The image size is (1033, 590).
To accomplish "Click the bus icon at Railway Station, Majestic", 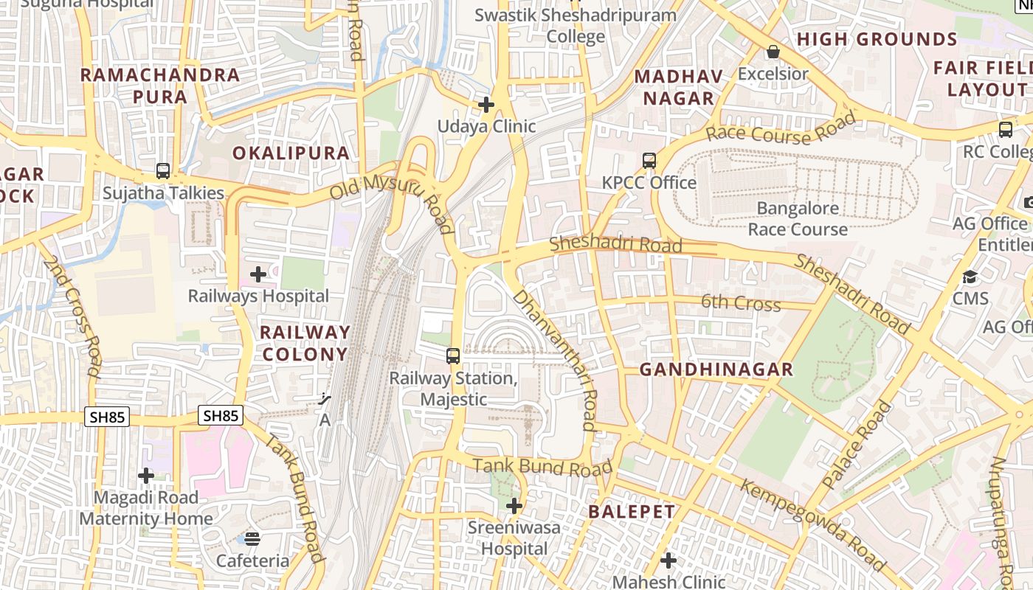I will (453, 356).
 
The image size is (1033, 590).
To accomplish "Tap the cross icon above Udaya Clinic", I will (486, 105).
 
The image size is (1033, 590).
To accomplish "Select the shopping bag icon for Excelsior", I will (773, 52).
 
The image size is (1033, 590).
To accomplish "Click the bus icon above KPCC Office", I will (649, 160).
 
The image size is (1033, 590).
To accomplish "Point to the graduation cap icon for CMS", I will (970, 277).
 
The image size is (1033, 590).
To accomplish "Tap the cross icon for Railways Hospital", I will (258, 275).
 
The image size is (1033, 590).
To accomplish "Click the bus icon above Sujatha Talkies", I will (163, 171).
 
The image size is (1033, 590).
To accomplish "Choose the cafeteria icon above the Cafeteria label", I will (252, 538).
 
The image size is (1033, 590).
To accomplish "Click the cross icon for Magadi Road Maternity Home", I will (146, 476).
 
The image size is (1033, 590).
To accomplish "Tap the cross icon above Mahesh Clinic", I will (668, 560).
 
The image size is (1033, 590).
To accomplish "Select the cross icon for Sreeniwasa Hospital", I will (515, 506).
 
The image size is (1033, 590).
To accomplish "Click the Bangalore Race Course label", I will (798, 219).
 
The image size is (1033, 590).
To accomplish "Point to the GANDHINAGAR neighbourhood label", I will (716, 369).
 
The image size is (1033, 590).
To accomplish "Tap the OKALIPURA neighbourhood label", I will (291, 153).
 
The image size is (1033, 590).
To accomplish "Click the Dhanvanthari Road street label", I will (555, 359).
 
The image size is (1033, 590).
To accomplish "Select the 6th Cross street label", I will (741, 303).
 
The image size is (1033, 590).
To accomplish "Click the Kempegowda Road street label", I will (813, 524).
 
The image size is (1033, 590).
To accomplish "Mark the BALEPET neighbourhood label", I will (632, 511).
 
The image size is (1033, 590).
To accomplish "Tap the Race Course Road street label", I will (781, 127).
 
